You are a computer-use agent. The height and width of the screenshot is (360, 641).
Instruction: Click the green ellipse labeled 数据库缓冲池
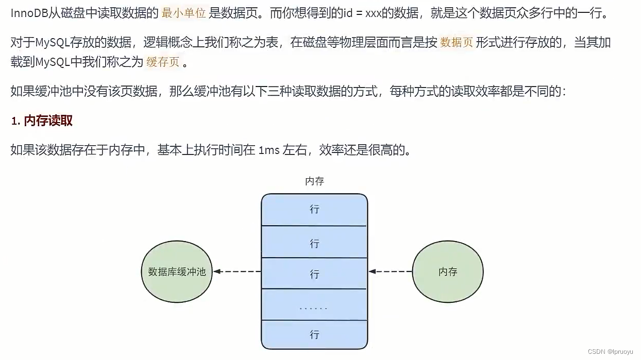point(176,271)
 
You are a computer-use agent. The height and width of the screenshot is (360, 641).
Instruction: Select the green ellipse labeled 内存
point(448,271)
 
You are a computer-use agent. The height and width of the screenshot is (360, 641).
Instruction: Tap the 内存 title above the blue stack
point(314,181)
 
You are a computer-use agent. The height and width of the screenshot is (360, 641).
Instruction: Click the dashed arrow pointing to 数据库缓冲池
point(238,271)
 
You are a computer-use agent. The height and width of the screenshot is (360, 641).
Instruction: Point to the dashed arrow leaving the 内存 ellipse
point(391,271)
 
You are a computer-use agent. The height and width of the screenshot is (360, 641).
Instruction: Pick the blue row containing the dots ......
point(314,305)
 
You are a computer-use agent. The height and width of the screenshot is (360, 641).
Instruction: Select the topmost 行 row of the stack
point(314,210)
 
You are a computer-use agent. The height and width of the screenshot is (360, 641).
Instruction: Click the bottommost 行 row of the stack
point(314,335)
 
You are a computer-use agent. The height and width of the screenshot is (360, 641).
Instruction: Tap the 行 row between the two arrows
point(314,273)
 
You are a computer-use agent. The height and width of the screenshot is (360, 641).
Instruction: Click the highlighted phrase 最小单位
point(183,13)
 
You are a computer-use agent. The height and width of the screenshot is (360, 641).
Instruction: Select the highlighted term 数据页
point(457,43)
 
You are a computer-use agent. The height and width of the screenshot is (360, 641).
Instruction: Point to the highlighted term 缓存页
point(163,63)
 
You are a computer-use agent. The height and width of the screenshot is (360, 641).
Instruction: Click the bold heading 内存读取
point(48,121)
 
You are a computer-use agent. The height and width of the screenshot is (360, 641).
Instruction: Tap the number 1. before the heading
point(15,122)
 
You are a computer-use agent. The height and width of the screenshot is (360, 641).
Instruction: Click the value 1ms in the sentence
point(269,150)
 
